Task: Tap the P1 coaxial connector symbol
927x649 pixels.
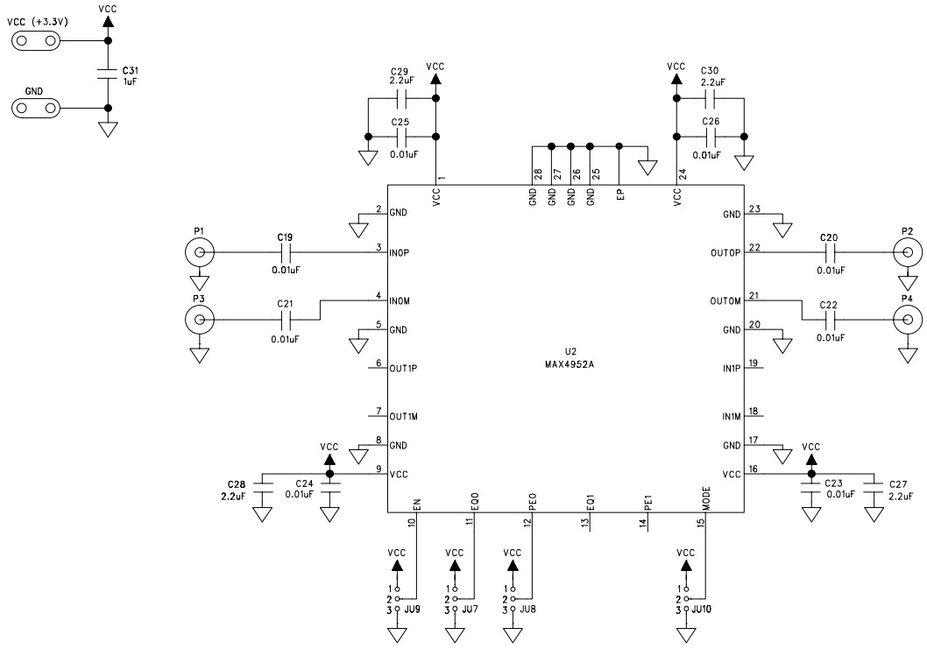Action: tap(200, 253)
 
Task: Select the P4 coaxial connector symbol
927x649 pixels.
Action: tap(908, 321)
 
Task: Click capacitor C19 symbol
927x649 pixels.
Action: tap(284, 253)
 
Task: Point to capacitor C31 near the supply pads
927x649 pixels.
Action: tap(108, 74)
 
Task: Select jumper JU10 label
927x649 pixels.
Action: tap(703, 609)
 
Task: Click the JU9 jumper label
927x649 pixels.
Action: tap(413, 609)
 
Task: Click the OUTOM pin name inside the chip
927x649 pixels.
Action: tap(726, 301)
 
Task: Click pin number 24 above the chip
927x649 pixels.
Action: tap(681, 175)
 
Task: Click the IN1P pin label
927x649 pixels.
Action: tap(732, 369)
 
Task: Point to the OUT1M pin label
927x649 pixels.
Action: tap(404, 416)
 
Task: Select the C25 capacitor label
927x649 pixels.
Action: tap(400, 122)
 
